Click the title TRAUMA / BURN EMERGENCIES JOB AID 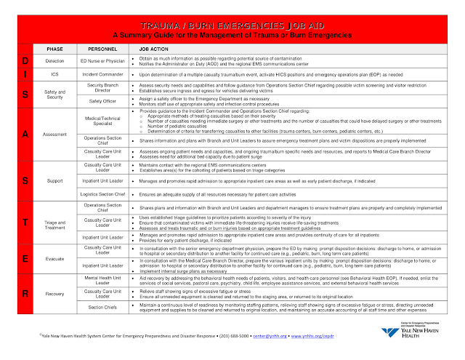[x=232, y=24]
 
